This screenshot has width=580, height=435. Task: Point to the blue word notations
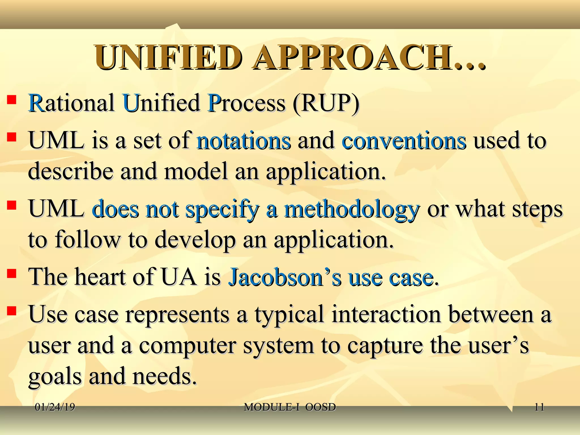pyautogui.click(x=244, y=141)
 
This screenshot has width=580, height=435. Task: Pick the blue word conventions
pyautogui.click(x=404, y=141)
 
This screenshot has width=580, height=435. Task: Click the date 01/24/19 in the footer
pyautogui.click(x=55, y=408)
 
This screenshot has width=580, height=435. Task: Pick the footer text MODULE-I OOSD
pyautogui.click(x=290, y=408)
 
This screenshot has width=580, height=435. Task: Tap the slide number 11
pyautogui.click(x=539, y=408)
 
